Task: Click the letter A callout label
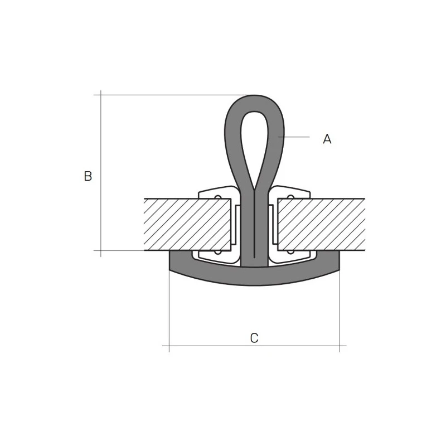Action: tap(327, 139)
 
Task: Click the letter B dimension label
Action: tap(88, 176)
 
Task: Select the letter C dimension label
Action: tap(254, 338)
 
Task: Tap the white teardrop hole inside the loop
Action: tap(254, 139)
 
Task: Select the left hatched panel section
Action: tap(187, 224)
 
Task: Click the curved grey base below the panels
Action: tap(254, 277)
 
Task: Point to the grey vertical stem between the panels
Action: tap(254, 234)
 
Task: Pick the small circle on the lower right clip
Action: tap(290, 252)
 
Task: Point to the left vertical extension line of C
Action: tap(169, 312)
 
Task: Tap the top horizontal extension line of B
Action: tap(167, 95)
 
